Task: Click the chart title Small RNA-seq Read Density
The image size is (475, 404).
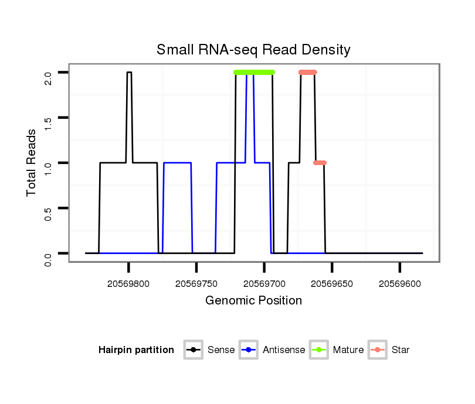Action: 253,50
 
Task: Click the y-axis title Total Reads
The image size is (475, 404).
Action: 33,162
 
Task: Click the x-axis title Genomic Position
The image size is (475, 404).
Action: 253,301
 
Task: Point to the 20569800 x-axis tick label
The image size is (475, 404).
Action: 128,283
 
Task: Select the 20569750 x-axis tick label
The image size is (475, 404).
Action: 196,283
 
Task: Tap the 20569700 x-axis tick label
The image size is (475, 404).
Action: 264,283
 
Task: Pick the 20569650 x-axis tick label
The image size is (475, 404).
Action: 332,283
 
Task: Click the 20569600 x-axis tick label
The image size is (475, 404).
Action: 399,283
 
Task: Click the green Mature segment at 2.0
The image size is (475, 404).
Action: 254,73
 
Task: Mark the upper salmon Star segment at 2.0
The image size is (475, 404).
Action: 307,73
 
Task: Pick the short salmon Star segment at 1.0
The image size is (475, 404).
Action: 320,163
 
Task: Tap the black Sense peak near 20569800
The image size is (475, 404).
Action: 129,73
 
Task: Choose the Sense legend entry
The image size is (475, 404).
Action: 211,350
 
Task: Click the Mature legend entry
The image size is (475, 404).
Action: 338,350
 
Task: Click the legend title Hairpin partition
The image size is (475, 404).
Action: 136,350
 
